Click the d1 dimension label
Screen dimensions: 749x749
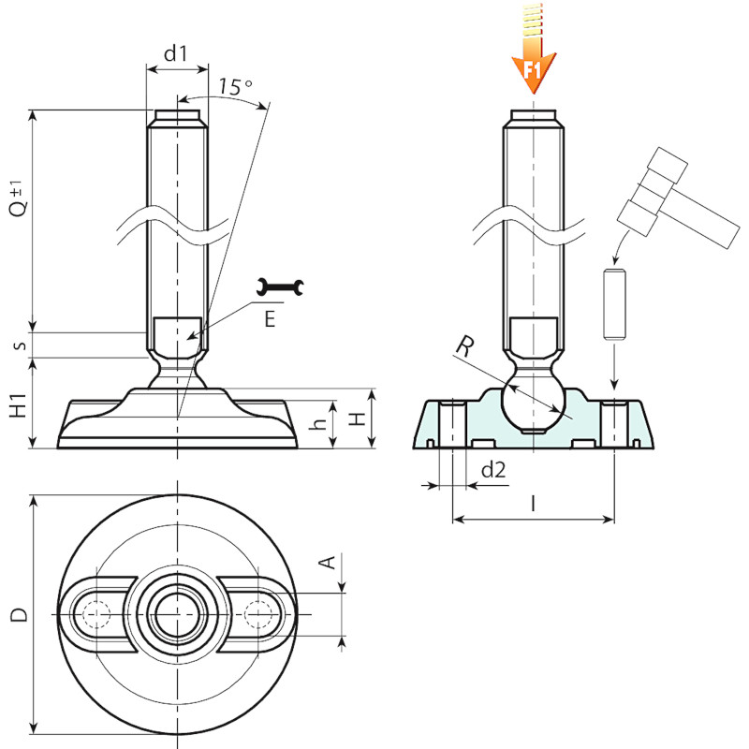coord(176,53)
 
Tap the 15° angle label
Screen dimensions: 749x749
coord(235,86)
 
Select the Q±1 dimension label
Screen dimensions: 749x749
coord(18,198)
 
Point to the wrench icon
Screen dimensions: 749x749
coord(280,286)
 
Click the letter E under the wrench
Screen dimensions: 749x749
coord(270,318)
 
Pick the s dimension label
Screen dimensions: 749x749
coord(20,345)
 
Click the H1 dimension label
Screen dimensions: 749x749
coord(19,404)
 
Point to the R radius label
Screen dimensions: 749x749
coord(464,346)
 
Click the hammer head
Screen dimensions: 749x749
coord(653,191)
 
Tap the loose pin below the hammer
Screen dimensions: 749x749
coord(614,305)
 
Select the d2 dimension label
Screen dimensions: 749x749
coord(493,470)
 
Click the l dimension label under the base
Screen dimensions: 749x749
coord(533,504)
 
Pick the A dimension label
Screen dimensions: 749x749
coord(328,563)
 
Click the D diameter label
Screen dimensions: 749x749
coord(19,615)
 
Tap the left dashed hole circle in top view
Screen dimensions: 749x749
coord(96,613)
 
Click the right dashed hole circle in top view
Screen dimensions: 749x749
coord(258,614)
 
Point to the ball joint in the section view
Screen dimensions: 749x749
coord(533,402)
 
